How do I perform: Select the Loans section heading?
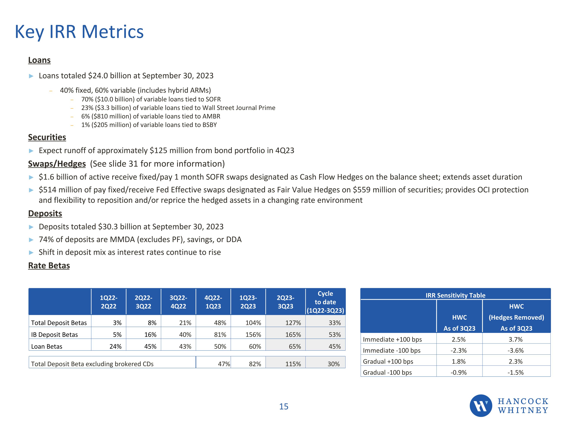pyautogui.click(x=39, y=60)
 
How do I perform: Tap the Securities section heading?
pyautogui.click(x=47, y=137)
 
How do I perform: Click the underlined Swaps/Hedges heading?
pyautogui.click(x=57, y=164)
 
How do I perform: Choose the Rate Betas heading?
pyautogui.click(x=49, y=265)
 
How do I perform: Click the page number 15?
pyautogui.click(x=283, y=406)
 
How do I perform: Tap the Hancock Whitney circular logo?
pyautogui.click(x=481, y=406)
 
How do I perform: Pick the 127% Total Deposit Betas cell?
pyautogui.click(x=293, y=323)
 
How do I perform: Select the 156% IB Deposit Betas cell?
pyautogui.click(x=253, y=335)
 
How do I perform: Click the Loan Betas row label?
pyautogui.click(x=47, y=346)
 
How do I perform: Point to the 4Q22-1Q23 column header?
pyautogui.click(x=213, y=302)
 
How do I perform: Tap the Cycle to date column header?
pyautogui.click(x=325, y=302)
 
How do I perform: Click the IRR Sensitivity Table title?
pyautogui.click(x=455, y=295)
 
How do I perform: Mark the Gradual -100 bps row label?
pyautogui.click(x=387, y=372)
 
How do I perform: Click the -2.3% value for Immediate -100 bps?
pyautogui.click(x=459, y=350)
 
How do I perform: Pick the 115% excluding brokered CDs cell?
pyautogui.click(x=293, y=364)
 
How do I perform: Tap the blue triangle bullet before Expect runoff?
pyautogui.click(x=31, y=151)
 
